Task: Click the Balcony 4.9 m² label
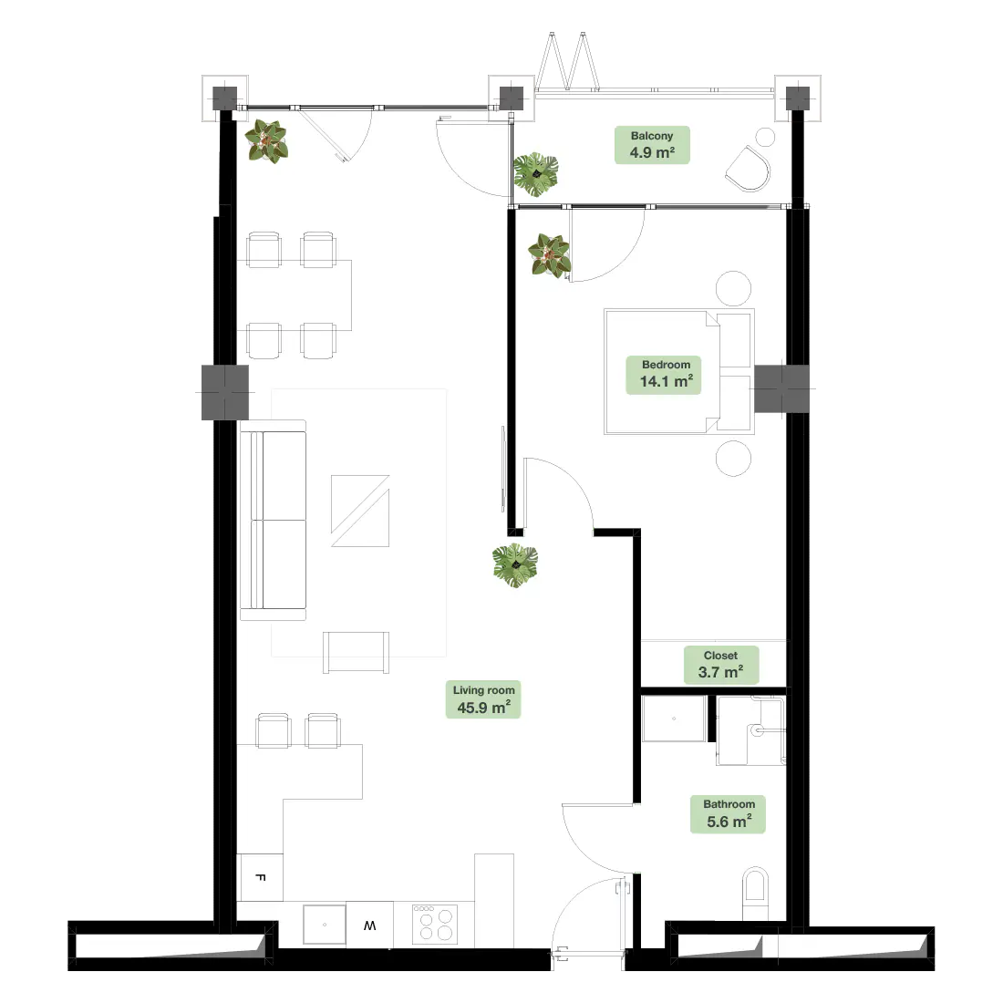[x=652, y=145]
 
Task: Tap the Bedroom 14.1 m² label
[x=663, y=374]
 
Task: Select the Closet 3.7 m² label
[x=721, y=665]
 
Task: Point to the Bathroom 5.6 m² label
[x=728, y=813]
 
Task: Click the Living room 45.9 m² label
[x=483, y=699]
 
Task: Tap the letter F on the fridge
[x=260, y=877]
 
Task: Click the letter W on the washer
[x=369, y=925]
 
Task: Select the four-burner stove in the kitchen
[x=435, y=925]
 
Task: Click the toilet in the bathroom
[x=756, y=893]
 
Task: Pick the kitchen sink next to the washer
[x=325, y=925]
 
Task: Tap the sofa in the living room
[x=274, y=520]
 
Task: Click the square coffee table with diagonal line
[x=360, y=511]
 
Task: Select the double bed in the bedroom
[x=678, y=372]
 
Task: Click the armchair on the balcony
[x=748, y=169]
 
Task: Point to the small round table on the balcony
[x=765, y=137]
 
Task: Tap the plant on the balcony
[x=536, y=174]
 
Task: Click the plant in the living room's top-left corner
[x=267, y=141]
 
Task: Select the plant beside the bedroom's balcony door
[x=550, y=255]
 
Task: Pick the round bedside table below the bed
[x=733, y=458]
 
